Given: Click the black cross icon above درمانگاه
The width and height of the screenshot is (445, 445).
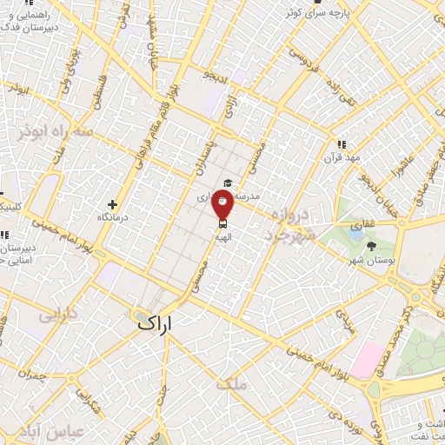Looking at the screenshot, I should tap(112, 203).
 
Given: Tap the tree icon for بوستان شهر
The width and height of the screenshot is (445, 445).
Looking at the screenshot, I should tap(372, 246).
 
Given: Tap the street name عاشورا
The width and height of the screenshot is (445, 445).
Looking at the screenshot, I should tap(379, 163).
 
